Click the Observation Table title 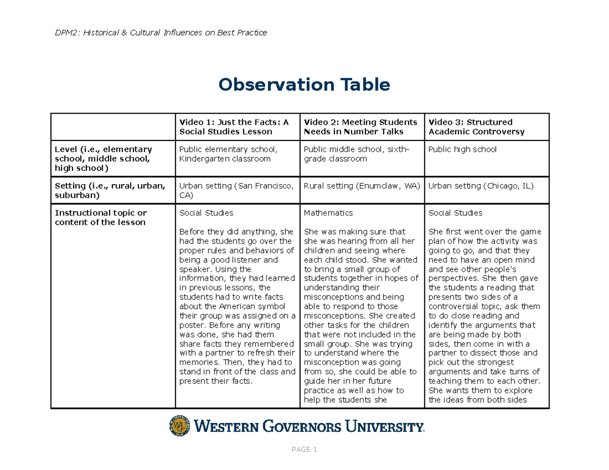(x=304, y=85)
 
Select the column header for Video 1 (x=233, y=127)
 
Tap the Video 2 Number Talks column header (x=360, y=127)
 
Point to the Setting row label (x=110, y=190)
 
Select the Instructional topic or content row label (x=100, y=218)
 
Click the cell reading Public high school (x=462, y=150)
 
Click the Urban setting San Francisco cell (x=236, y=190)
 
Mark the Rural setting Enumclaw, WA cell (x=361, y=186)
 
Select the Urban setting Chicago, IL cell (x=481, y=186)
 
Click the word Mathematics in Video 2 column (x=328, y=213)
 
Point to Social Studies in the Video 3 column (x=455, y=213)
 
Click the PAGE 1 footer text (x=304, y=450)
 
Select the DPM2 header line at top (x=161, y=33)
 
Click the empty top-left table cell (x=113, y=127)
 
